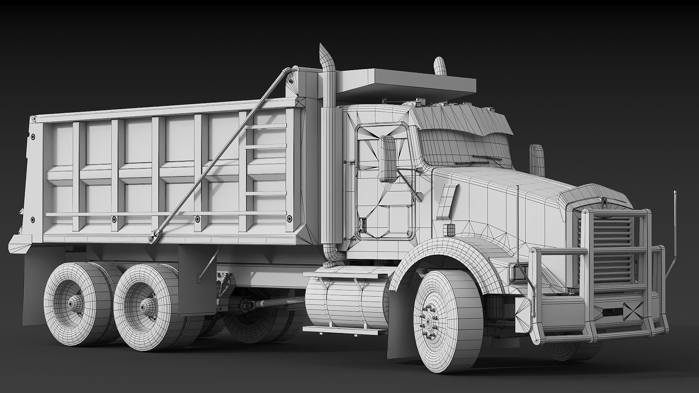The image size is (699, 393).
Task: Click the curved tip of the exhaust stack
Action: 325,55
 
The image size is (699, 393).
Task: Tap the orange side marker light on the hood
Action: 450,229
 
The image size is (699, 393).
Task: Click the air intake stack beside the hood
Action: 537,160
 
